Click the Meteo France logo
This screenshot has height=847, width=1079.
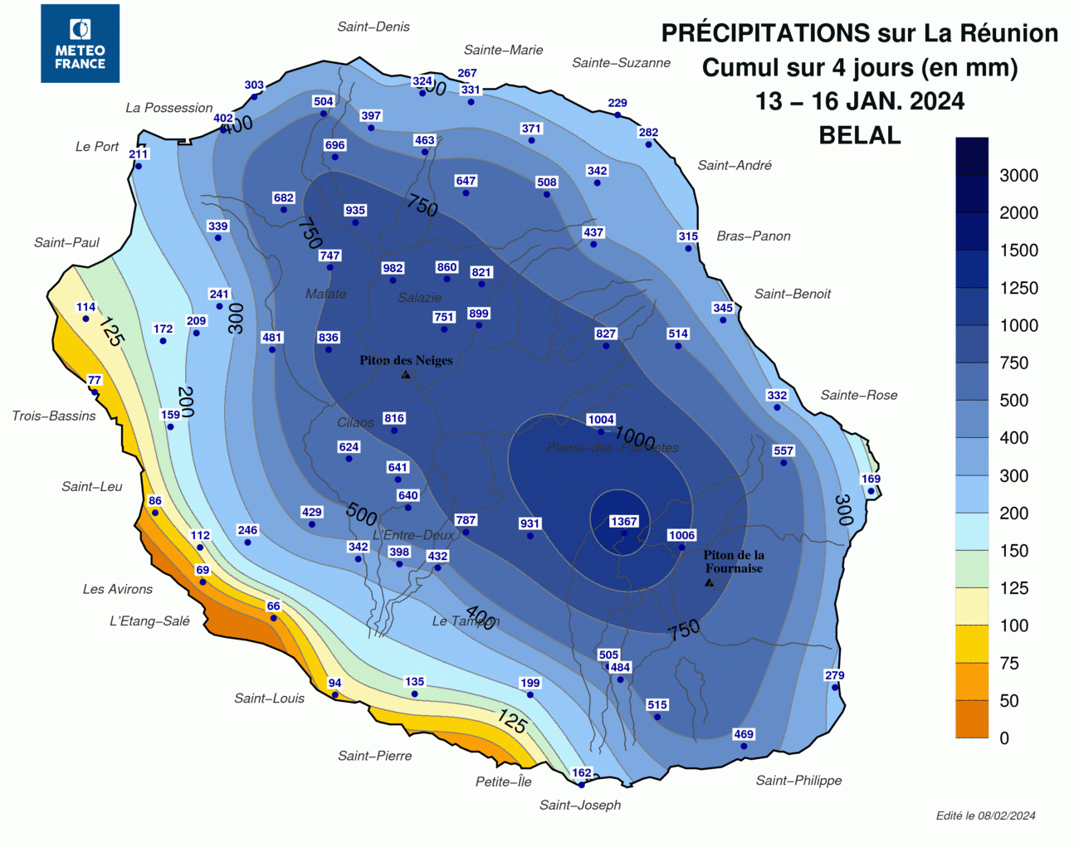click(x=80, y=43)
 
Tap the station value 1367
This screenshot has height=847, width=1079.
click(x=623, y=521)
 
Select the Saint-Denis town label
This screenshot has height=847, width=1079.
click(x=373, y=27)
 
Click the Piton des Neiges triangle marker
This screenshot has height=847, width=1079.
click(x=406, y=375)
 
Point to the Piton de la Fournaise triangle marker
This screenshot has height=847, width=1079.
click(x=709, y=582)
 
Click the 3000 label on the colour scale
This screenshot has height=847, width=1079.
click(x=1018, y=175)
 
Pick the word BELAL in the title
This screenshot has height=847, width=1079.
click(x=860, y=135)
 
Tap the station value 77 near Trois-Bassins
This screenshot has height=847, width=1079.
click(x=95, y=380)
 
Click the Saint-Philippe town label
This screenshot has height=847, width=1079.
click(x=798, y=780)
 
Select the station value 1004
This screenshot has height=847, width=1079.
click(x=601, y=419)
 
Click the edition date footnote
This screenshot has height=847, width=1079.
click(x=985, y=815)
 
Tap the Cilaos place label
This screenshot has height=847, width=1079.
click(x=355, y=422)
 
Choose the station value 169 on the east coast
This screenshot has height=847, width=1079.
click(x=871, y=479)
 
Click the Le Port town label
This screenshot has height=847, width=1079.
click(x=97, y=146)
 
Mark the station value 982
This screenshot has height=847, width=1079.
click(x=393, y=268)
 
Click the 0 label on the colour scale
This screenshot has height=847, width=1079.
click(x=1004, y=737)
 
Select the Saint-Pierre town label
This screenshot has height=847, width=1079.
click(x=375, y=755)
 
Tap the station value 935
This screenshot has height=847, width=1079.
click(x=355, y=210)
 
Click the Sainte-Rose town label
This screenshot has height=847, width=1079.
click(x=859, y=395)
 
